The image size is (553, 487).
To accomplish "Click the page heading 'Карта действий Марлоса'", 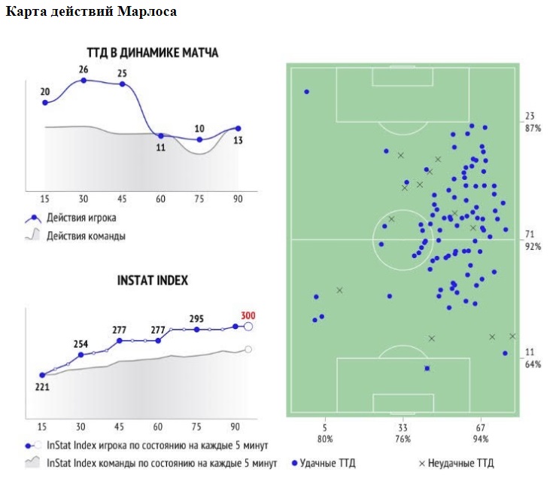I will pos(93,12).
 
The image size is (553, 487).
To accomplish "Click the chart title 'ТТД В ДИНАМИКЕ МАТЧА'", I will pos(152,53).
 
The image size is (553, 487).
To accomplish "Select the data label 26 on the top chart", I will pos(83,70).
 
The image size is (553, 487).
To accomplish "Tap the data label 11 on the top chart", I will pos(160,148).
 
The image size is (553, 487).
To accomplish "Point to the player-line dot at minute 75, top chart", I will pos(199,139).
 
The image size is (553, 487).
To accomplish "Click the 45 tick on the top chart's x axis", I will pos(121,198).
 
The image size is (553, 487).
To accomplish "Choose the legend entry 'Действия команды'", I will pos(86,236).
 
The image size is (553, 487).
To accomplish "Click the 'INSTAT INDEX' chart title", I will pos(153,280).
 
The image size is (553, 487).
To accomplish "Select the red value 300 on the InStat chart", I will pos(248,315).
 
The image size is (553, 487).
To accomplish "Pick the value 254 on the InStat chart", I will pos(81,344).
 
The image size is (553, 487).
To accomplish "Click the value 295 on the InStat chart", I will pos(197,318).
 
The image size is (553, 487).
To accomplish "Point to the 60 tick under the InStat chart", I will pos(159,425).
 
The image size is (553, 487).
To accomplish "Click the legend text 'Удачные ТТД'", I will pos(328,463).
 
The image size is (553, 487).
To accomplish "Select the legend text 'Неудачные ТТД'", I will pos(461,463).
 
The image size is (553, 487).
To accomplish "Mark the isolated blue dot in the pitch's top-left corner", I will pos(307,92).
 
